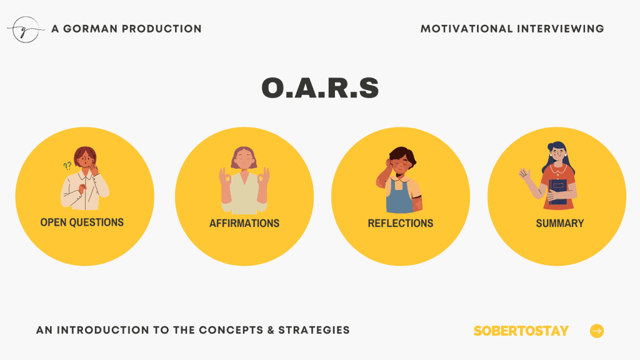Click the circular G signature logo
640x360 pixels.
pos(25,29)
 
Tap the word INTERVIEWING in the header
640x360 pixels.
pos(561,29)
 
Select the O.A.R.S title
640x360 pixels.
pos(321,87)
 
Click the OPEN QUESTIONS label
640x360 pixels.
pos(82,222)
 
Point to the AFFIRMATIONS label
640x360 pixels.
pos(244,223)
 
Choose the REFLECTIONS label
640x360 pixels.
pos(401,223)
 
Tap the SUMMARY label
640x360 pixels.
pos(560,223)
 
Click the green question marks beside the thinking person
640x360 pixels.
pos(67,165)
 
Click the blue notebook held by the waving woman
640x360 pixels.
pos(558,191)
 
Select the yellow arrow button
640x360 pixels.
pos(597,331)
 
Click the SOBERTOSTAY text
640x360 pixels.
pos(521,331)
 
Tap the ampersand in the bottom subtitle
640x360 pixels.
pos(271,330)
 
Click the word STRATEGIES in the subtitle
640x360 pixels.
pos(314,330)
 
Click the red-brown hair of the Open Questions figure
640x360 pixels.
pos(85,154)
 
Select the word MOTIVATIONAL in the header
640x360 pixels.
pos(466,29)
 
